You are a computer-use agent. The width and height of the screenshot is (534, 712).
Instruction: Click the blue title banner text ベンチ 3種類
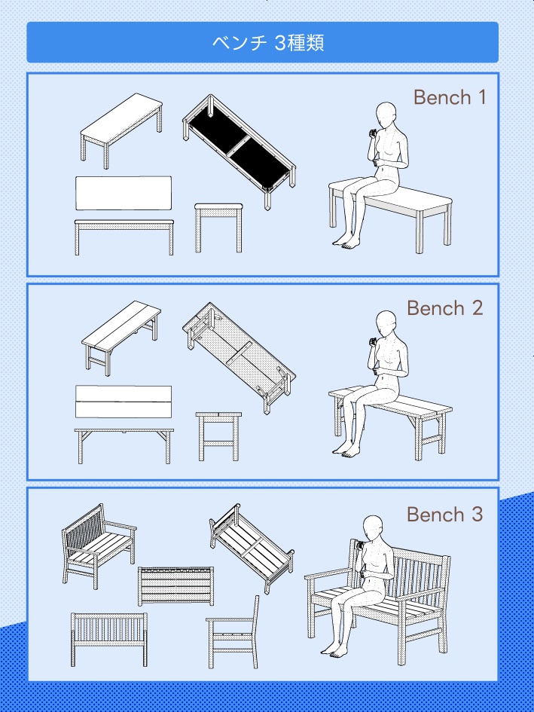point(268,43)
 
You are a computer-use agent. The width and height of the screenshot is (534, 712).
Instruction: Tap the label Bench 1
point(449,97)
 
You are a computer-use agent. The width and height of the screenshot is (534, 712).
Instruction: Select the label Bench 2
point(444,308)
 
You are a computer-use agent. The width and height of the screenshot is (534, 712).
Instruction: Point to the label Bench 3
point(444,515)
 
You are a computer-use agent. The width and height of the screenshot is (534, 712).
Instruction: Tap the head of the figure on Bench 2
point(386,324)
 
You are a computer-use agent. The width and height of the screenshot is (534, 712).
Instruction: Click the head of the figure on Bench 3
point(373,528)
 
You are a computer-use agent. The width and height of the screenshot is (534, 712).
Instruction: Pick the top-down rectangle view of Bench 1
point(124,193)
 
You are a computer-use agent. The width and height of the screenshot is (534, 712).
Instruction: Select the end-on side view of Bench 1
point(218,228)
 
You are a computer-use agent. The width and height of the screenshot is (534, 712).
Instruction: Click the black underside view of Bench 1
point(240,151)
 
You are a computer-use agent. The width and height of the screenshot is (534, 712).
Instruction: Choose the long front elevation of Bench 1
point(124,237)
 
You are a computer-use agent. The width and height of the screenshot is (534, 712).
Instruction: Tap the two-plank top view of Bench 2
point(124,402)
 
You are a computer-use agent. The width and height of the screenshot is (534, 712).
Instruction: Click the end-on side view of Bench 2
point(218,436)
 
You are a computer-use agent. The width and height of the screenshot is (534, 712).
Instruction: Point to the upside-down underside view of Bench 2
point(239,358)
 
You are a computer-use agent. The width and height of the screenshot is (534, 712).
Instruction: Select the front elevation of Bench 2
point(124,446)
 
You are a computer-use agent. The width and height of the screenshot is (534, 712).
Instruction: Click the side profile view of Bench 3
point(233,631)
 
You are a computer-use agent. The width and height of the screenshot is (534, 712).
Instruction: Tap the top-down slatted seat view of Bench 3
point(175,585)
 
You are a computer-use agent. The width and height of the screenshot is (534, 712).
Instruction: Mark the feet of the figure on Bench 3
point(334,650)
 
